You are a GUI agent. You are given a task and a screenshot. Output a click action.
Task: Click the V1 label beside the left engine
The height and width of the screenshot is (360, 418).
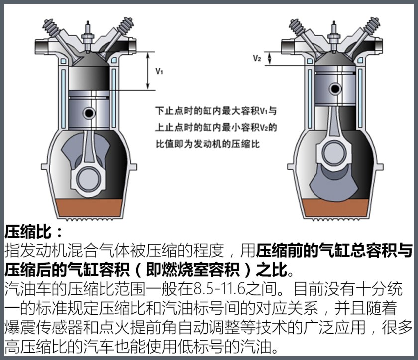[x=159, y=71]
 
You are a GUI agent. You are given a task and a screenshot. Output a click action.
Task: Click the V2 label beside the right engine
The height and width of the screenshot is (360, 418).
[x=257, y=58]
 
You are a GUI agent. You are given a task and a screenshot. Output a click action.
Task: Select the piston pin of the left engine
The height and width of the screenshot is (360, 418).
[x=89, y=113]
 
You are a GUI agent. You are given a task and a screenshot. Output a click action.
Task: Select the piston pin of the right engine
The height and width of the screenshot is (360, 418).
[x=335, y=89]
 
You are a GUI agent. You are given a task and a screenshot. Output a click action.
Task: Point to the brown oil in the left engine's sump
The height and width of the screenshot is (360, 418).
[x=89, y=208]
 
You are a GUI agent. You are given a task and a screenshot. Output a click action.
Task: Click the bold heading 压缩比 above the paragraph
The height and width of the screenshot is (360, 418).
[x=28, y=231]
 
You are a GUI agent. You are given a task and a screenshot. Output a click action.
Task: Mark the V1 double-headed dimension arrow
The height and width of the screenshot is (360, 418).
[x=148, y=71]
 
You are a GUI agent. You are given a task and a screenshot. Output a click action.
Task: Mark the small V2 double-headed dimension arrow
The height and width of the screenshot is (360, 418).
[x=270, y=58]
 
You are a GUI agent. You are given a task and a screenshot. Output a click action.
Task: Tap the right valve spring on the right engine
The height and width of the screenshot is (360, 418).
[x=371, y=27]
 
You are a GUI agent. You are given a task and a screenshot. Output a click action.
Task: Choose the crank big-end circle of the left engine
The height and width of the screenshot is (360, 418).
[x=89, y=179]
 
